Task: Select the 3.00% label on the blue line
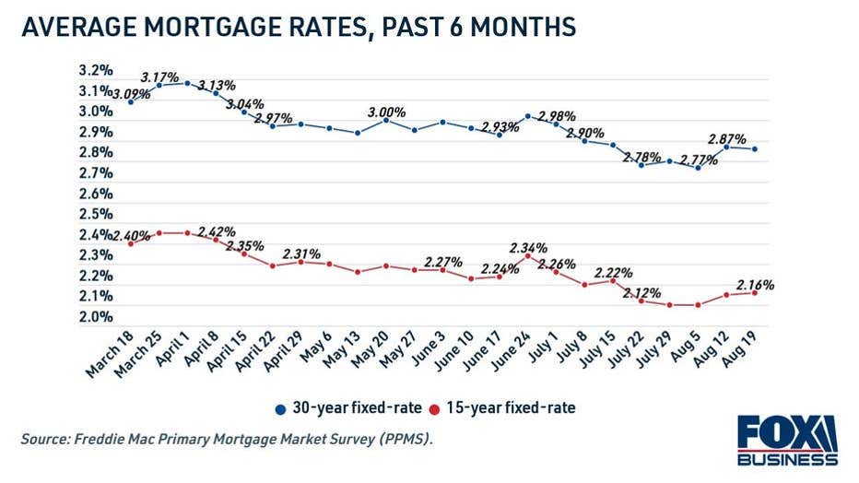[x=387, y=111]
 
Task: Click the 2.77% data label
[x=698, y=159]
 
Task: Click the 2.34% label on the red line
[x=529, y=248]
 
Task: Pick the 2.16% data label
[x=754, y=285]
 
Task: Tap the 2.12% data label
[x=641, y=294]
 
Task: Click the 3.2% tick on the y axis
[x=95, y=70]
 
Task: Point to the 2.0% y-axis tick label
[x=95, y=317]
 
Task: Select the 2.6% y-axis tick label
[x=95, y=194]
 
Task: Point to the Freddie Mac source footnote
[x=227, y=440]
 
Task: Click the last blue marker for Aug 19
[x=756, y=149]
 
